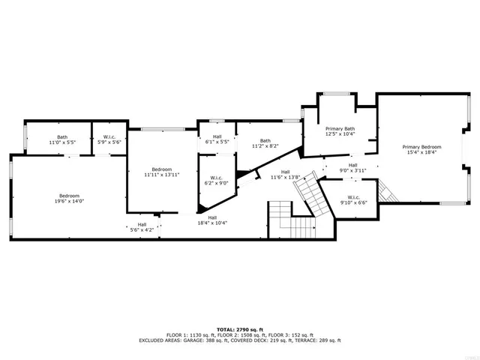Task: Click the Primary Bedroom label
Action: pyautogui.click(x=421, y=147)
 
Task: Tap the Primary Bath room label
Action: pyautogui.click(x=340, y=129)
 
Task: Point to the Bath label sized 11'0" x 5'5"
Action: pyautogui.click(x=62, y=137)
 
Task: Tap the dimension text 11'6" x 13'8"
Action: pyautogui.click(x=285, y=177)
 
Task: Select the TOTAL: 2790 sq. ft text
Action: pyautogui.click(x=240, y=329)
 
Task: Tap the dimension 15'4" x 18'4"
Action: pyautogui.click(x=421, y=152)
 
